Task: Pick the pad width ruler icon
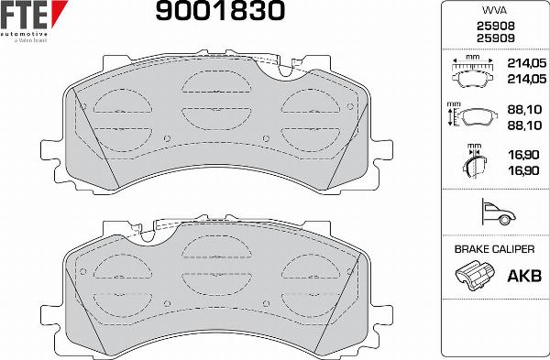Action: pyautogui.click(x=474, y=71)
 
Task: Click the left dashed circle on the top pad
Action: pyautogui.click(x=118, y=114)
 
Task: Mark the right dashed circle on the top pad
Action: pyautogui.click(x=308, y=114)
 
